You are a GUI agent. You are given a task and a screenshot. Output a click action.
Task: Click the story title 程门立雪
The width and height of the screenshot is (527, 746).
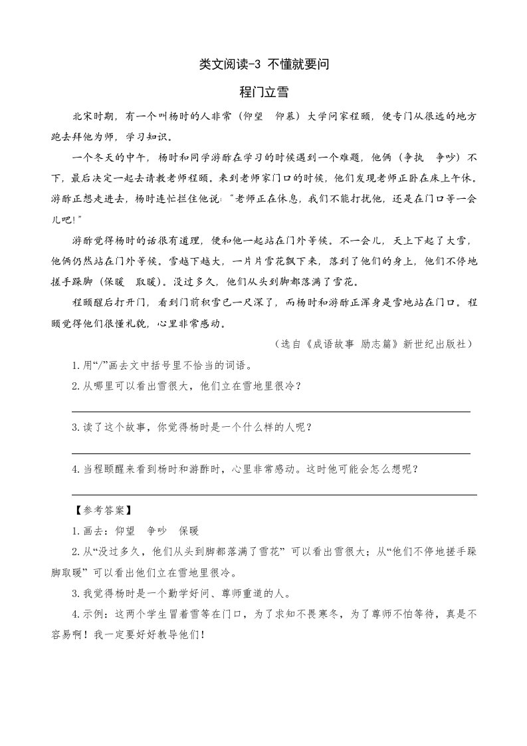[x=263, y=92]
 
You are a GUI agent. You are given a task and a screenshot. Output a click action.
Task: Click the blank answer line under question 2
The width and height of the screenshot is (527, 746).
[x=270, y=412]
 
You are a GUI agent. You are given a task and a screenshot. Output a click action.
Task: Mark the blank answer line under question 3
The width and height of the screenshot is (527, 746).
[x=270, y=453]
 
